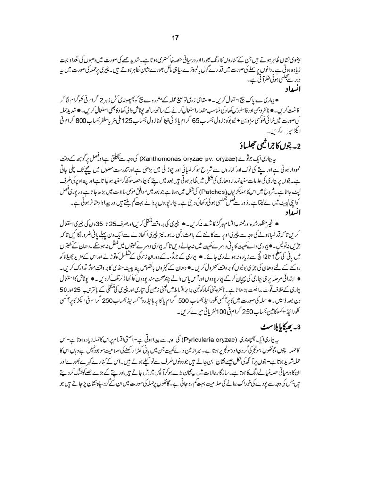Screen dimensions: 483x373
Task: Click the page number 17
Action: tap(186, 38)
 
